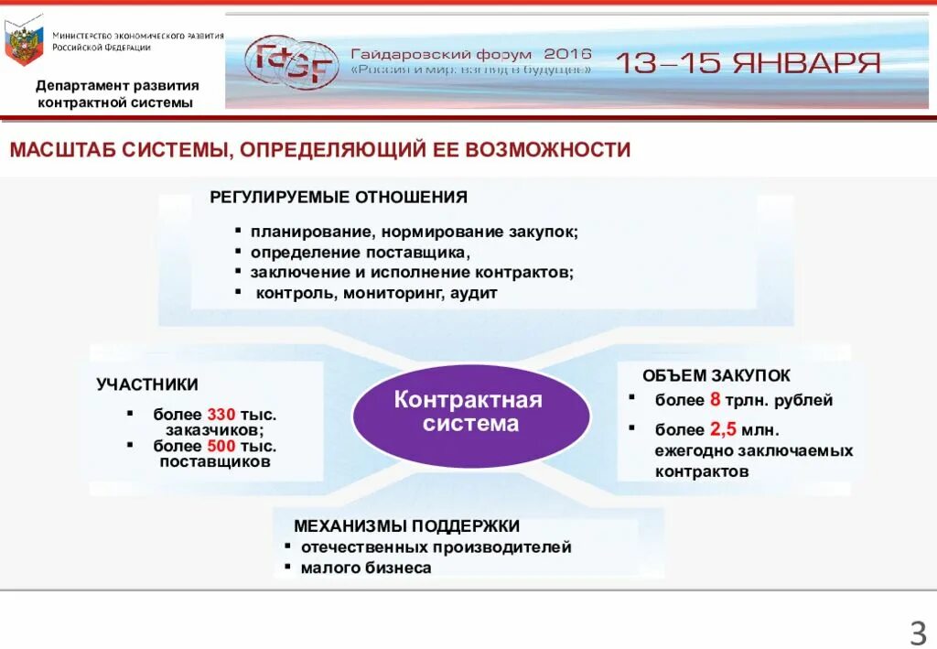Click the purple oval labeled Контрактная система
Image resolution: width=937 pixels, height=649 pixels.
(471, 413)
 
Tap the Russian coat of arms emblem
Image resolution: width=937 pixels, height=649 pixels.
(24, 41)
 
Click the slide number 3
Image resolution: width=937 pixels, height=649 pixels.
(917, 632)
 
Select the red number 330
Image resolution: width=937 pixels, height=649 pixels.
(221, 414)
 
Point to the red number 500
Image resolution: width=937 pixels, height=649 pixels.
(221, 446)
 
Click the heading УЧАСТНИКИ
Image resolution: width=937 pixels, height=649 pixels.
(147, 384)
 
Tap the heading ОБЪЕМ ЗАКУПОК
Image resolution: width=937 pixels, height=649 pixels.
(716, 375)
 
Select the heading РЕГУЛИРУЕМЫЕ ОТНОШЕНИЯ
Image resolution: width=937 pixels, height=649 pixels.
(339, 197)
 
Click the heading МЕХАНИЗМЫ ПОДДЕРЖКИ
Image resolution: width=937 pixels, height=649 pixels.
(406, 525)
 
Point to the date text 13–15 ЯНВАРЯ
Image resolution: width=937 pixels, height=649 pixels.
(748, 63)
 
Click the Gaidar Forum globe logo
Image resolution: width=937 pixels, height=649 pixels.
(291, 63)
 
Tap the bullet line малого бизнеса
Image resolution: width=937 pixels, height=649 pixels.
(366, 568)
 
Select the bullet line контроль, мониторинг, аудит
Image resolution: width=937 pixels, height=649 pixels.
(376, 294)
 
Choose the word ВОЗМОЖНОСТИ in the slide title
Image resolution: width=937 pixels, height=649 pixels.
(547, 149)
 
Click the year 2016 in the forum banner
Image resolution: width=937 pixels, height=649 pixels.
(567, 53)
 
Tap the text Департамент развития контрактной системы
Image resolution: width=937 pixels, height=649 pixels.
(116, 93)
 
